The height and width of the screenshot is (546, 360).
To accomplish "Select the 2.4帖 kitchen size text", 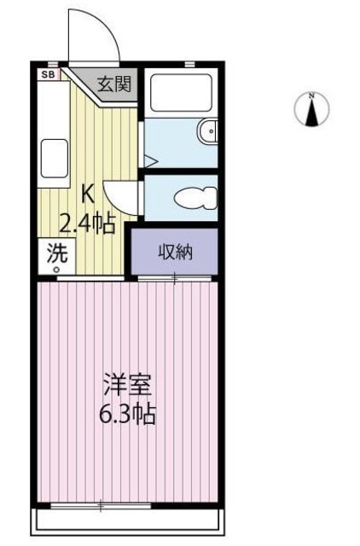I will click(86, 224).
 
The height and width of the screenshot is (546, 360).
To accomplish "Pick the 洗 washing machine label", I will click(55, 253).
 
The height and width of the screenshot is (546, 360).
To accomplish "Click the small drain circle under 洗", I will click(57, 270).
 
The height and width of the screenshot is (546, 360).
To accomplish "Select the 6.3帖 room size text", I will click(129, 415).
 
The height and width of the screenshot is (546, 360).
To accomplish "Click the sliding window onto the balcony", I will click(100, 507).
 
